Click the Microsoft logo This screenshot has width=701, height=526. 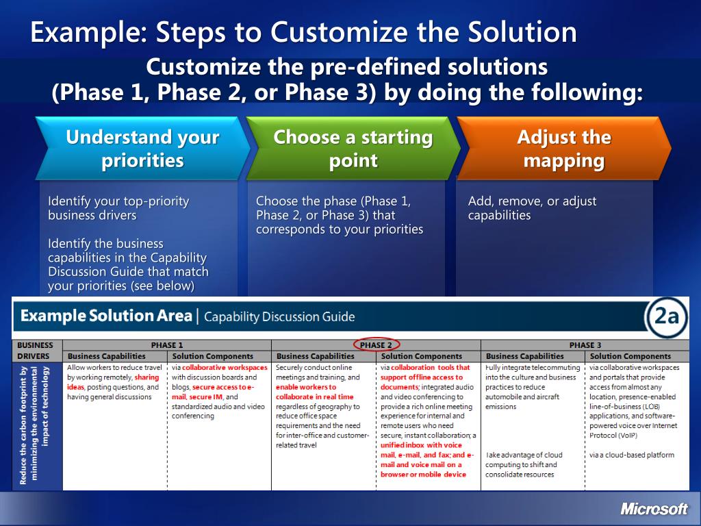(x=654, y=509)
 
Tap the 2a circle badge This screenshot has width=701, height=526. (x=666, y=316)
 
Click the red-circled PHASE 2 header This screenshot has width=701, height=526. (x=376, y=345)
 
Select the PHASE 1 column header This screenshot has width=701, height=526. (x=167, y=345)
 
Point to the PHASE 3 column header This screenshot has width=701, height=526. (x=585, y=345)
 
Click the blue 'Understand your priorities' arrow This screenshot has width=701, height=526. (x=142, y=149)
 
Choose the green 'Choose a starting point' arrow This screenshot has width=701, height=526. (x=353, y=149)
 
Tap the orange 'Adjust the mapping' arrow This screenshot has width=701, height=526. (x=564, y=149)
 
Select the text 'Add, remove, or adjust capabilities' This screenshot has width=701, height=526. (x=532, y=208)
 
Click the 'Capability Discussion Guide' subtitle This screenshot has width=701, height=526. (x=279, y=316)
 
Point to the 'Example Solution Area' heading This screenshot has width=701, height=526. (x=106, y=316)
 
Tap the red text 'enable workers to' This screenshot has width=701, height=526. (x=306, y=388)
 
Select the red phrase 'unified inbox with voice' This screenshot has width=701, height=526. (x=421, y=445)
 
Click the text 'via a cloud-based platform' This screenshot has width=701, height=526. (x=632, y=455)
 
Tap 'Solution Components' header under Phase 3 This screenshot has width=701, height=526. (x=630, y=356)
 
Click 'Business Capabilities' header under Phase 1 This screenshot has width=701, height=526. (x=106, y=356)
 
